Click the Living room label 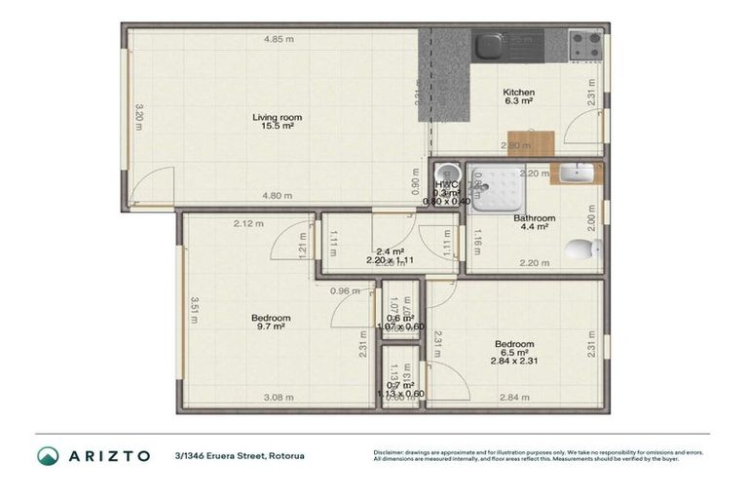[278, 117]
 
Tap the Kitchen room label [518, 92]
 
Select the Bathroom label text [534, 218]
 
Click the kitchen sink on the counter [488, 44]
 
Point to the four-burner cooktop [584, 44]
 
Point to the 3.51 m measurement [194, 310]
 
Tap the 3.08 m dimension [280, 397]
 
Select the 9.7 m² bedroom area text [270, 327]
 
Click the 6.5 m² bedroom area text [513, 352]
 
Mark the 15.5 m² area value [278, 127]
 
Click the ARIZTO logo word [108, 455]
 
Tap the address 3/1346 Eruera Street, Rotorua [240, 455]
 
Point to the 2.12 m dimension [248, 224]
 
